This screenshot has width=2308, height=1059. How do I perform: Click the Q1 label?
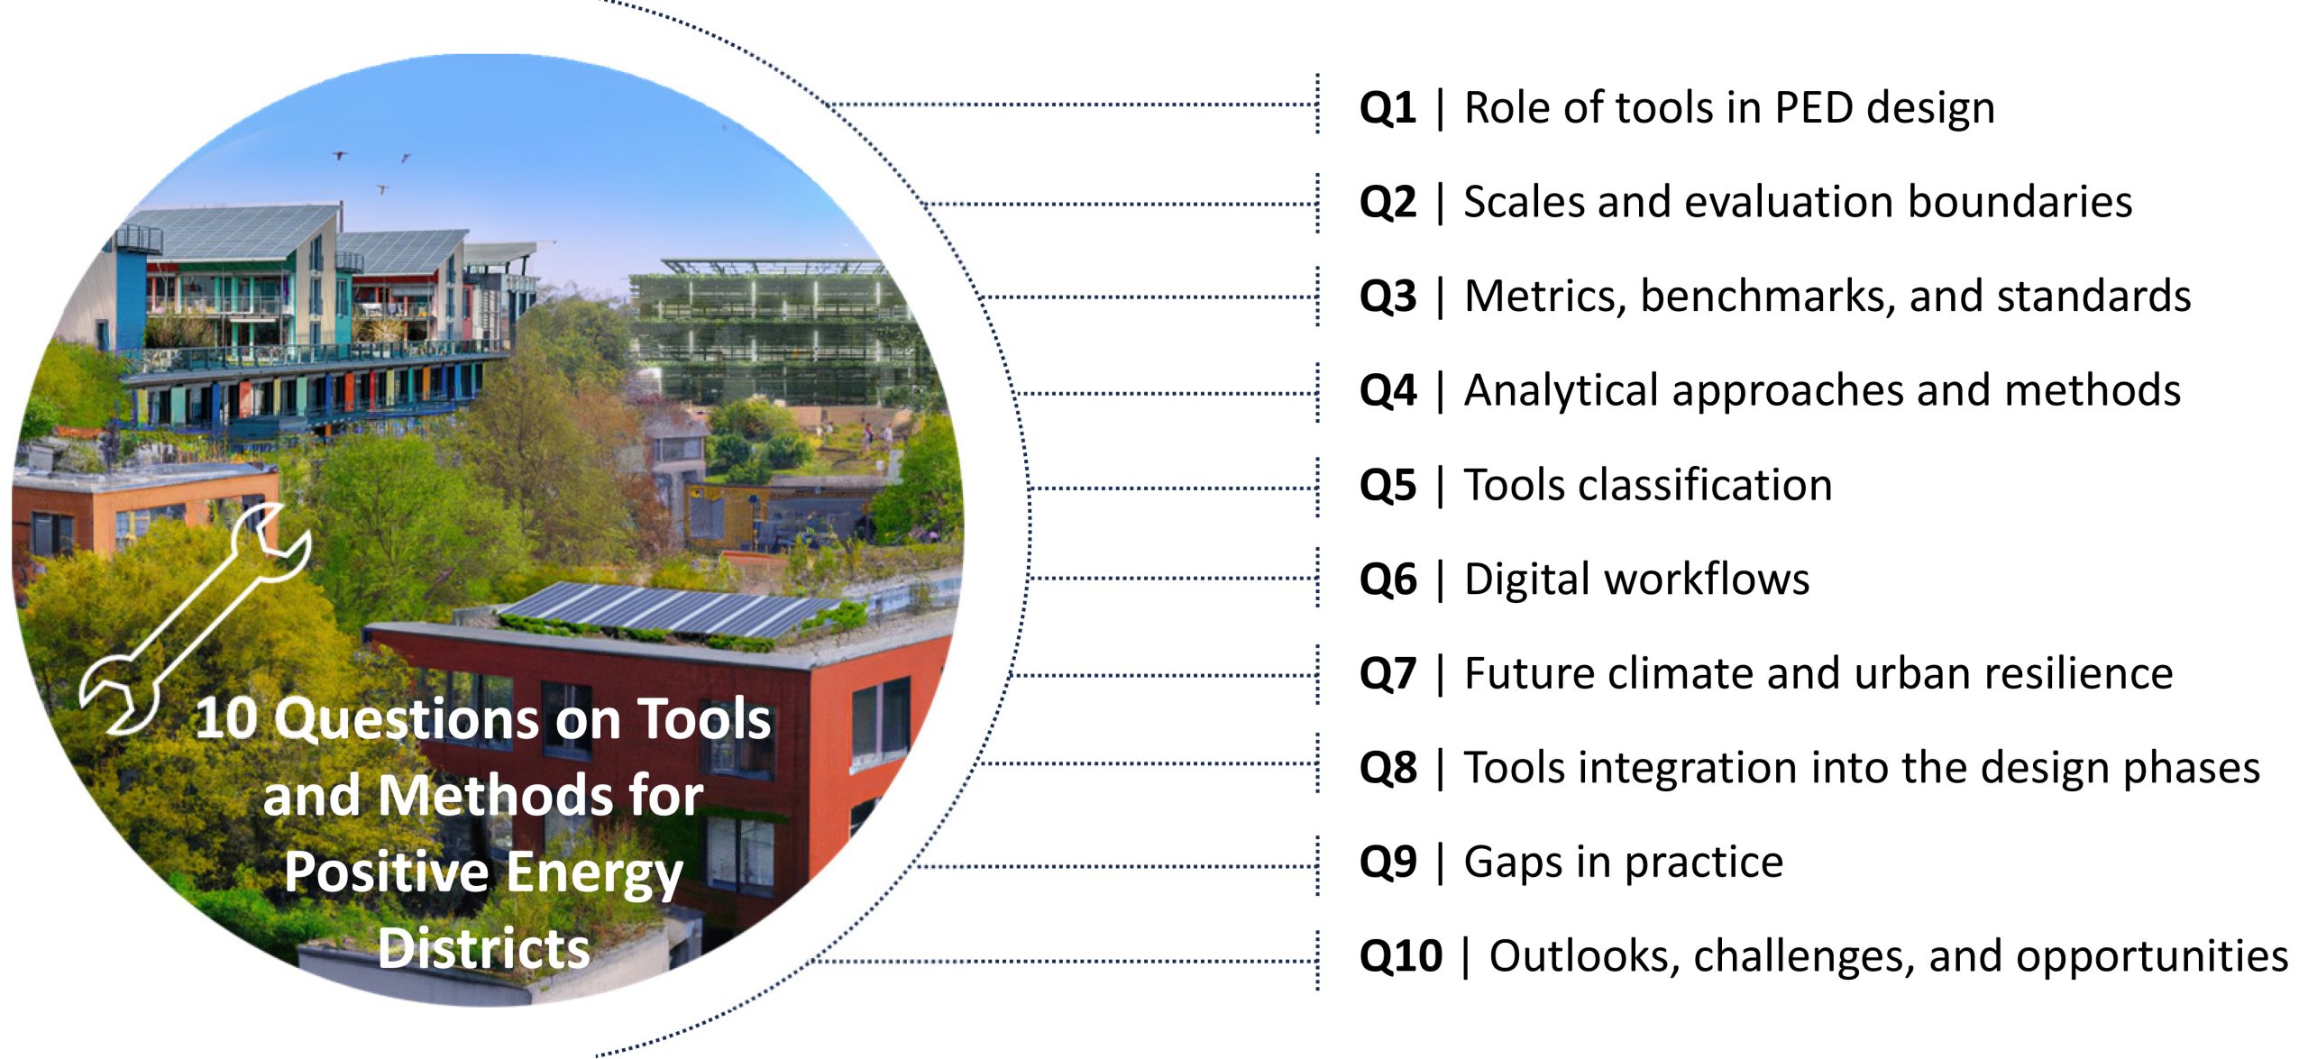pyautogui.click(x=1387, y=108)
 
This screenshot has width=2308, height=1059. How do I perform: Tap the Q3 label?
pyautogui.click(x=1387, y=297)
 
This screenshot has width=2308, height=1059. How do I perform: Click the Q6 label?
pyautogui.click(x=1387, y=580)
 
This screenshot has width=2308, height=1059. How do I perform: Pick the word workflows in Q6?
pyautogui.click(x=1713, y=580)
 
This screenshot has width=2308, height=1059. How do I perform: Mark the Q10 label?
pyautogui.click(x=1400, y=956)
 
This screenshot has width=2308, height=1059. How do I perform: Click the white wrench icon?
pyautogui.click(x=194, y=622)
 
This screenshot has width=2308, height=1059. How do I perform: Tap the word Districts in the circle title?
pyautogui.click(x=484, y=949)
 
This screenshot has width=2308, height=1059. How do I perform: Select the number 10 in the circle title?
pyautogui.click(x=226, y=719)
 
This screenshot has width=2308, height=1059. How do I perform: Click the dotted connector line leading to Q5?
pyautogui.click(x=1172, y=488)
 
